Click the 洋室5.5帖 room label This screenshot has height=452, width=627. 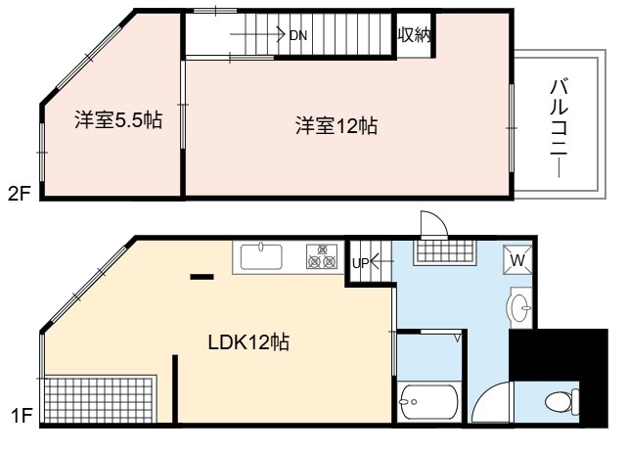tap(118, 119)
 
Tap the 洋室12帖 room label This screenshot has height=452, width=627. tap(336, 125)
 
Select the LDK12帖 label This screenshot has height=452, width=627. tap(248, 342)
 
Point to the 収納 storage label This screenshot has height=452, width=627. tap(415, 35)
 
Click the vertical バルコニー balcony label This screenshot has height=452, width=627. tap(560, 128)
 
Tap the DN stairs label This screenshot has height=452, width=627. tap(298, 35)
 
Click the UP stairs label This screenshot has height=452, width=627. tap(361, 263)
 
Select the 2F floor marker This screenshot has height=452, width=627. tap(20, 194)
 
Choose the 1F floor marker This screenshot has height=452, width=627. tap(22, 416)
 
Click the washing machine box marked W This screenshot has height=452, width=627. tap(517, 260)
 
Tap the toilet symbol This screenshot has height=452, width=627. tap(562, 401)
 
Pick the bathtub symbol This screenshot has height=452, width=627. tap(428, 401)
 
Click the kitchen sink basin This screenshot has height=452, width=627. tap(261, 256)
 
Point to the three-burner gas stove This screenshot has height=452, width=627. tap(322, 256)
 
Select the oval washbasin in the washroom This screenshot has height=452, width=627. tap(519, 307)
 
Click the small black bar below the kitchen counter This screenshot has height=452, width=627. tap(202, 277)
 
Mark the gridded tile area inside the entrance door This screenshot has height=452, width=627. tap(445, 252)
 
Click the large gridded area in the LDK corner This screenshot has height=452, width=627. tap(99, 399)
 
